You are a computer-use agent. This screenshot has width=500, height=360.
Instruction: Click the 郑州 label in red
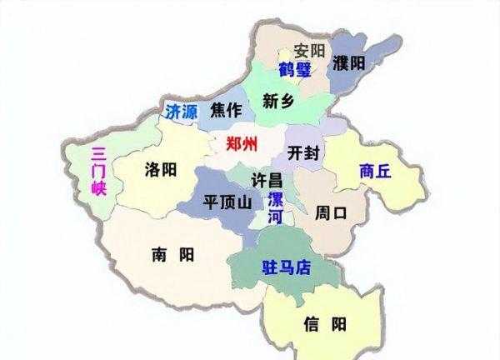click(x=242, y=141)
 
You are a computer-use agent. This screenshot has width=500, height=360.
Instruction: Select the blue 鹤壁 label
click(x=297, y=69)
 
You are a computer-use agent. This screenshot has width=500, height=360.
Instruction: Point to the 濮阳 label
click(x=349, y=63)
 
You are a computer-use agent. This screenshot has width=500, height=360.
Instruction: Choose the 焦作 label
click(x=226, y=110)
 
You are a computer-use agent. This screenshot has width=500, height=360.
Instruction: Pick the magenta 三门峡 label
click(x=98, y=171)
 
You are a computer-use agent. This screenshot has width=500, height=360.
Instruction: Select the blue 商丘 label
click(x=376, y=171)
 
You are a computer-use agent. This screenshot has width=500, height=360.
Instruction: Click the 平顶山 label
click(x=222, y=202)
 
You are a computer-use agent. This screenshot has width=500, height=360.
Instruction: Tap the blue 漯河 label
click(x=275, y=208)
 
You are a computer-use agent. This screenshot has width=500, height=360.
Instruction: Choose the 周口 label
click(x=331, y=212)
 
